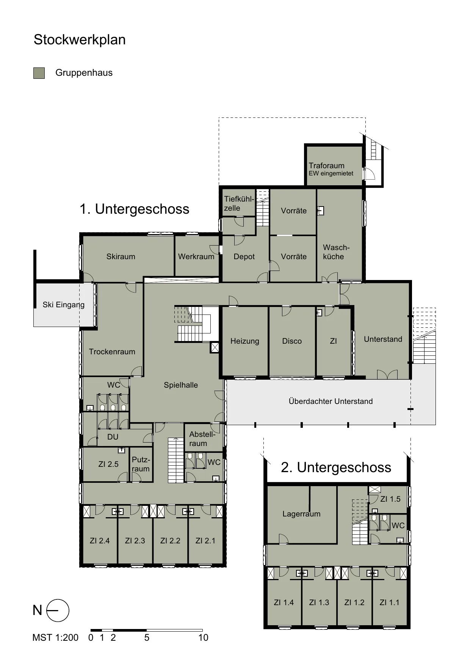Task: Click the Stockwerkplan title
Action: (x=80, y=40)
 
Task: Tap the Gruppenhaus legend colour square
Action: (x=39, y=73)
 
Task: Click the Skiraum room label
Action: (x=121, y=257)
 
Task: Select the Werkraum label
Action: (x=196, y=257)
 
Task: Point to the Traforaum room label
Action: (x=326, y=166)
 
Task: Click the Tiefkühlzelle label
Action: (x=239, y=203)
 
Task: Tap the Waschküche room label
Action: (x=336, y=252)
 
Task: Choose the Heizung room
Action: (x=245, y=341)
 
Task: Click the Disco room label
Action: (x=292, y=341)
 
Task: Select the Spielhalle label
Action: (x=181, y=385)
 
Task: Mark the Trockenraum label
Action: (x=112, y=352)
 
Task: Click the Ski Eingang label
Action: (x=63, y=305)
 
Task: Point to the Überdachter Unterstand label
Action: (x=331, y=401)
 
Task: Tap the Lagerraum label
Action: (x=301, y=514)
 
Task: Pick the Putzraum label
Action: (x=141, y=464)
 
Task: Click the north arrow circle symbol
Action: (x=58, y=610)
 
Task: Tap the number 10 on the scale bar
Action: (x=203, y=638)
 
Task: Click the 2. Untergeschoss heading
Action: (x=336, y=468)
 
